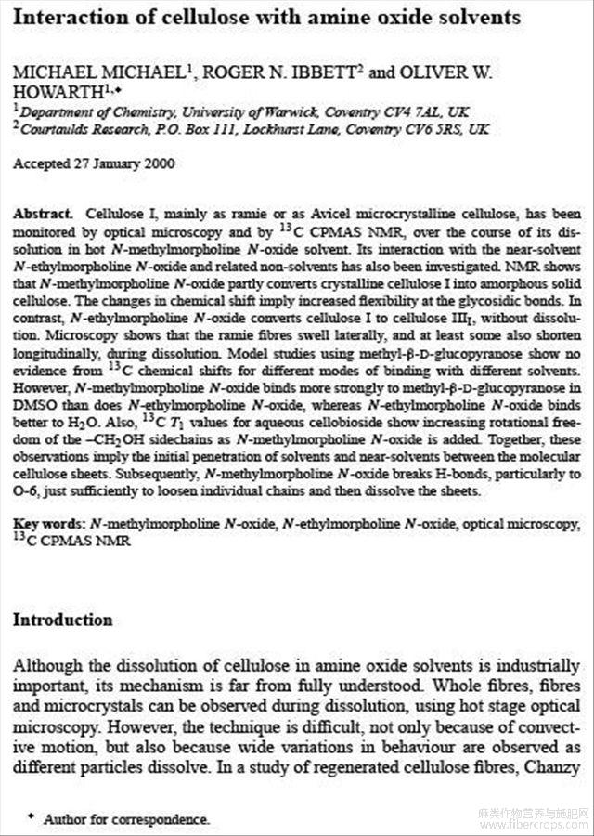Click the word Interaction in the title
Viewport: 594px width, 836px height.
click(61, 17)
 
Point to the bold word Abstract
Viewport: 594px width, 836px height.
click(40, 214)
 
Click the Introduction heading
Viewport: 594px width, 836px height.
click(62, 620)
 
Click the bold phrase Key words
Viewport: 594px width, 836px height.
click(44, 524)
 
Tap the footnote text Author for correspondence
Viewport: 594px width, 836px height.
click(126, 819)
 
